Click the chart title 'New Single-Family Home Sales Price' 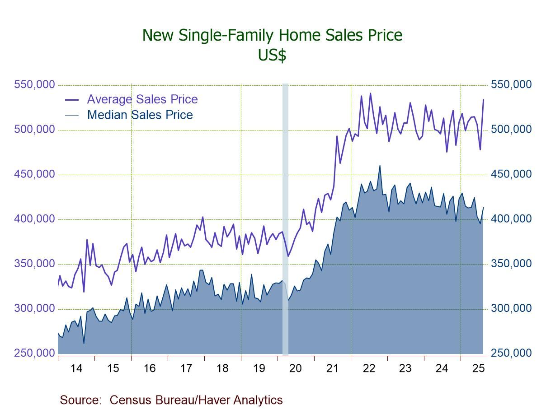(272, 35)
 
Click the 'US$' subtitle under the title (272, 55)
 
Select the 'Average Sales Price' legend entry (142, 99)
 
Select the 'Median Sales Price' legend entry (140, 115)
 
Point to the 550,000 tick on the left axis (35, 85)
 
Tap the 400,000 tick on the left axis (35, 219)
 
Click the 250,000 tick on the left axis (35, 353)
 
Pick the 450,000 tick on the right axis (511, 175)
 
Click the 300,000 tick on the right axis (511, 309)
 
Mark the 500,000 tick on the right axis (511, 130)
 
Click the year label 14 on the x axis (76, 368)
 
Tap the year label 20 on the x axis (296, 368)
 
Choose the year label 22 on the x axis (369, 368)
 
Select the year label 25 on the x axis (478, 368)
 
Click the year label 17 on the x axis (186, 368)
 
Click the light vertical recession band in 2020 (285, 217)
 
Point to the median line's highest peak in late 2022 (380, 166)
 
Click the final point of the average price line (483, 99)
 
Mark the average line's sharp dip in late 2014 (84, 292)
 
